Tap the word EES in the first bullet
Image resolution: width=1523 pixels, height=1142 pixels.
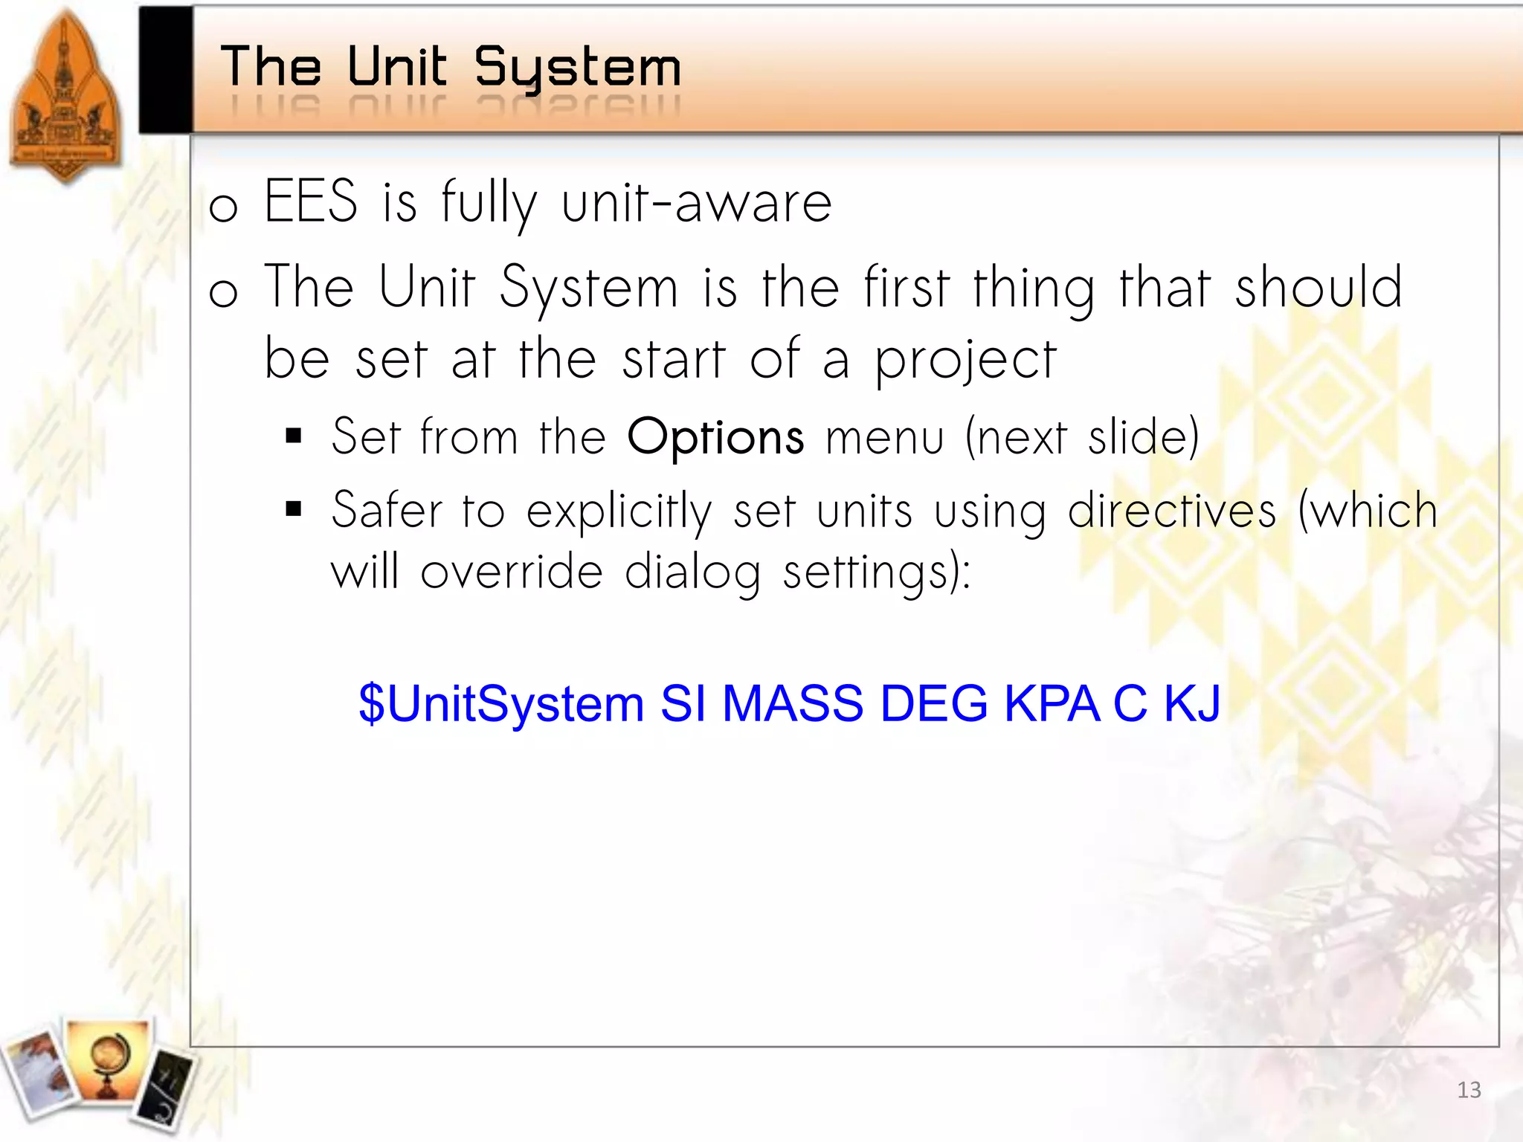coord(311,201)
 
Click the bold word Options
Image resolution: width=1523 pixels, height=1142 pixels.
coord(715,437)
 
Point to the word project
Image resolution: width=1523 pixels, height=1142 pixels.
coord(965,361)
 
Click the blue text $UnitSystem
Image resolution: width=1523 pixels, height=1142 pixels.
coord(500,703)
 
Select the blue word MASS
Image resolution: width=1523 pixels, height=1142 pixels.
coord(793,703)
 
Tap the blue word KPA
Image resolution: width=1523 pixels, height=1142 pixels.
coord(1052,703)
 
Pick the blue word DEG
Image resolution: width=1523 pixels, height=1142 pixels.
coord(934,703)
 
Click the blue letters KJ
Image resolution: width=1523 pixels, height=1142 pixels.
coord(1192,703)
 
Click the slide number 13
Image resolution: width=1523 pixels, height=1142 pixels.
coord(1469,1090)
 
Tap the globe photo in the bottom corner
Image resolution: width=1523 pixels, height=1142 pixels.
coord(109,1059)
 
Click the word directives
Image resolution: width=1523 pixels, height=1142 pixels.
coord(1172,512)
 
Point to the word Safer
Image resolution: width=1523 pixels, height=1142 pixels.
coord(386,512)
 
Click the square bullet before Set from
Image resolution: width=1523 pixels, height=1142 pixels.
coord(294,436)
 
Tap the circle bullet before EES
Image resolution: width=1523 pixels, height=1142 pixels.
coord(223,207)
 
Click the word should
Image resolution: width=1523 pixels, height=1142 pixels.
coord(1318,288)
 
